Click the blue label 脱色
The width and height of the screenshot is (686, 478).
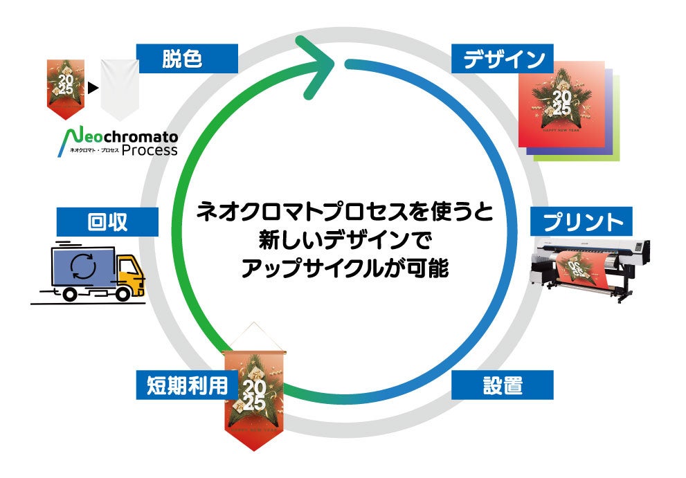click(x=187, y=59)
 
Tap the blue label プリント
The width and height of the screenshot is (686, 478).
click(x=581, y=222)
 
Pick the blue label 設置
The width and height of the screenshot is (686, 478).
click(x=503, y=385)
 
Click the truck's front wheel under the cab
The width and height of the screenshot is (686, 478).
click(x=124, y=293)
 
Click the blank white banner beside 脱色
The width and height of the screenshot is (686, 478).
click(x=119, y=89)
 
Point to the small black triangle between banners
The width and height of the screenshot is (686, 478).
click(x=92, y=89)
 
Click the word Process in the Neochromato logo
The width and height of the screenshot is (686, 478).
click(x=150, y=150)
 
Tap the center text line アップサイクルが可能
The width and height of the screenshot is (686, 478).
click(x=344, y=269)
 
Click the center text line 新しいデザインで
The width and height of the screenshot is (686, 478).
click(x=344, y=241)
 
